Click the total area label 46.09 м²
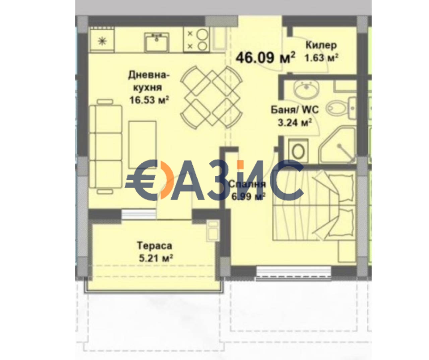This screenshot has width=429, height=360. click(265, 57)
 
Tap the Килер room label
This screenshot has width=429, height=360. click(321, 45)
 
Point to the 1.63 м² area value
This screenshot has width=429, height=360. click(321, 58)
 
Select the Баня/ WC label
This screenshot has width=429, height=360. click(295, 110)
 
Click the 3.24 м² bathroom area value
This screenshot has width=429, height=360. click(295, 122)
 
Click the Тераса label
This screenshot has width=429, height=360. click(155, 246)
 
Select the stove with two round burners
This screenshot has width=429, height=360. click(197, 40)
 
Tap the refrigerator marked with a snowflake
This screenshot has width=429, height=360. click(102, 40)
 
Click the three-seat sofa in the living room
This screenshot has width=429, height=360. click(105, 146)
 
